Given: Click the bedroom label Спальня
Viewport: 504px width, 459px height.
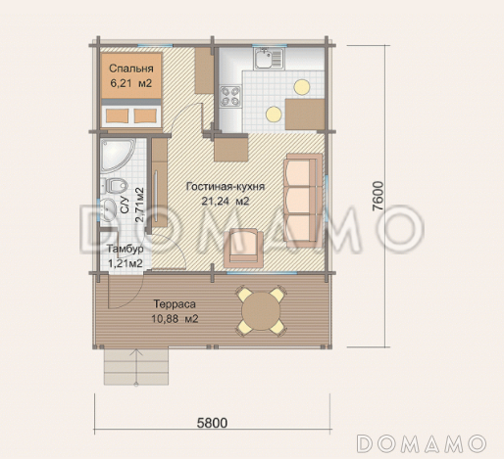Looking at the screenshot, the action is (x=131, y=69).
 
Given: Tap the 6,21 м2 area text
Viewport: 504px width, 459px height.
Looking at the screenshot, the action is (x=131, y=83).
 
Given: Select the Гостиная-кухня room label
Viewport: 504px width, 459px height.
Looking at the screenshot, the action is (x=226, y=187).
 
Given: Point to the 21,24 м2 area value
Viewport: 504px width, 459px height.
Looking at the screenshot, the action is (x=226, y=201).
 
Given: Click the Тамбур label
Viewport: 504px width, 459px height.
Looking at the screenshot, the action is (x=126, y=250).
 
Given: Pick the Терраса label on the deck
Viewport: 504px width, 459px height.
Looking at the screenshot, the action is (x=175, y=304).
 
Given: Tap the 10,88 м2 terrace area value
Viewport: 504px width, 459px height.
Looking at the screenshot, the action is (x=175, y=319).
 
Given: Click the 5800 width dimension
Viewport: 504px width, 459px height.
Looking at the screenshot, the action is (x=212, y=423).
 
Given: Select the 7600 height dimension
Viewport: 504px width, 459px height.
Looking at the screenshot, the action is (x=378, y=196).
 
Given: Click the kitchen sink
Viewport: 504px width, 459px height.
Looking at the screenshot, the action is (x=269, y=59).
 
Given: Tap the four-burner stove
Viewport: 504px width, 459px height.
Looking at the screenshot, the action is (x=230, y=96).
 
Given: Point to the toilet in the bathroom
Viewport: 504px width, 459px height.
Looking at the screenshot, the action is (x=114, y=186).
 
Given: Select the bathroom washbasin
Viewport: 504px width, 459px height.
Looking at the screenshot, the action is (x=108, y=208).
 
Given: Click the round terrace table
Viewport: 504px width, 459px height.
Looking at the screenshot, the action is (x=261, y=311).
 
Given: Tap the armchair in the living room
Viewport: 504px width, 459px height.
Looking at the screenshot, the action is (x=243, y=247).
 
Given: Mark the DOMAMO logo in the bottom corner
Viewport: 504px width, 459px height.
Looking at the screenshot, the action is (x=422, y=443).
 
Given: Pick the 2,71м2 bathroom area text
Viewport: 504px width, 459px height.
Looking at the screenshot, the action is (x=140, y=205).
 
